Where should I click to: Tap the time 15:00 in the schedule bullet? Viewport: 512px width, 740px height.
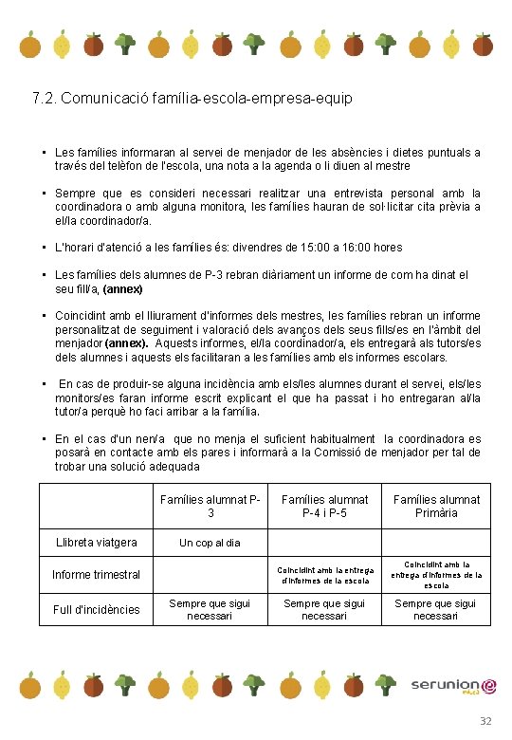294,248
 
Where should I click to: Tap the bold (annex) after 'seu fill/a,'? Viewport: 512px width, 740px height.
122,289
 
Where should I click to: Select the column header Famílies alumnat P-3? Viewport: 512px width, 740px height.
210,506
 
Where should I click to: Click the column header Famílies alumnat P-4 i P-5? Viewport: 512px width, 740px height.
324,506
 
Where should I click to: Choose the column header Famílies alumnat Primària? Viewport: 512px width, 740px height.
436,506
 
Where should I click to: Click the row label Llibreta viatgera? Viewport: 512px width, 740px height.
96,543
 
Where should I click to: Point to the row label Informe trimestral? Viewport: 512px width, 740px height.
96,575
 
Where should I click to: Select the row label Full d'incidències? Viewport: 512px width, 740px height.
96,610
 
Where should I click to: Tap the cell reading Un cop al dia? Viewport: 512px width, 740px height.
210,544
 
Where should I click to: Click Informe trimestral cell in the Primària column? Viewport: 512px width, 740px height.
436,574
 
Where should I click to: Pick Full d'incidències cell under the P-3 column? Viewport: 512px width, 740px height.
210,610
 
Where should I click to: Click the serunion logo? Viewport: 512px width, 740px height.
453,686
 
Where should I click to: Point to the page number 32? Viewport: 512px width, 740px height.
485,722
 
